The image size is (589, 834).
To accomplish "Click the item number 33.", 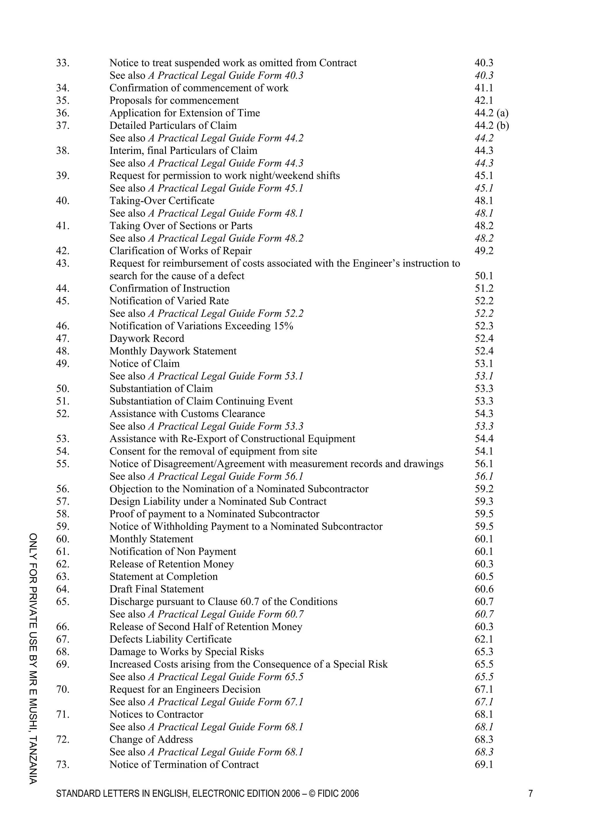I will [62, 63].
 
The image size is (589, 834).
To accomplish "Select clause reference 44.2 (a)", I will [492, 113].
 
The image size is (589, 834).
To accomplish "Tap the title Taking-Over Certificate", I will [162, 201].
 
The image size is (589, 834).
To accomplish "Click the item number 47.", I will [62, 339].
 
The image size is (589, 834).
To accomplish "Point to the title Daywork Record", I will [147, 339].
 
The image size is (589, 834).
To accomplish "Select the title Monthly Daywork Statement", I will [173, 351].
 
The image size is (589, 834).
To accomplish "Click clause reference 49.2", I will [484, 251].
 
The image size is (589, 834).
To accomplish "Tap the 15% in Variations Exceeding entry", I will [284, 326].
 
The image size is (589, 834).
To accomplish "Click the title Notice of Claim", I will [144, 364].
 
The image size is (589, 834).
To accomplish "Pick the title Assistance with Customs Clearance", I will [187, 414].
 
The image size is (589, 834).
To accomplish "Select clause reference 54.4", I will [484, 439].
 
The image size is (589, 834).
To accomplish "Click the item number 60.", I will [62, 539].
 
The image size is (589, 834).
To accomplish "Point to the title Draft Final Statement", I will [156, 589].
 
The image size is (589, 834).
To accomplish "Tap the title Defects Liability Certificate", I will [171, 639].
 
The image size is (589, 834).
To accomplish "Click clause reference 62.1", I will [484, 639].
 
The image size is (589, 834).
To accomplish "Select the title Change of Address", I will [151, 740].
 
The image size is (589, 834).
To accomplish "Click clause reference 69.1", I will [484, 765].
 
